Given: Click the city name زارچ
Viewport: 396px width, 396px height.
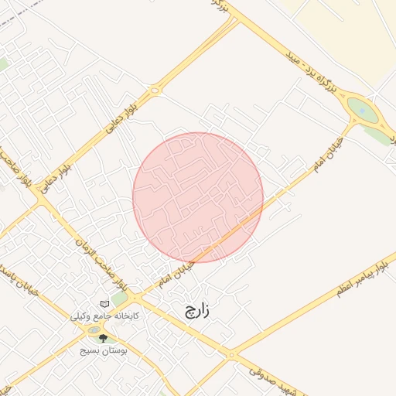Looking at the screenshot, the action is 197,311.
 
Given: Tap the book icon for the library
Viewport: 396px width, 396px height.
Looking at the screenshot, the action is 104,304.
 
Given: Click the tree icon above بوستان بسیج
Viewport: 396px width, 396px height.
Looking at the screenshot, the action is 104,339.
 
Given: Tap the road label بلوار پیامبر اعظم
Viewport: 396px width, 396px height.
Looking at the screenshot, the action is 361,278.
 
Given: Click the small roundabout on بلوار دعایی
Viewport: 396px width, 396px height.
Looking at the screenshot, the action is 155,91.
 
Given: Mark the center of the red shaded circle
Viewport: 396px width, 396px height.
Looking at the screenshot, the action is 198,198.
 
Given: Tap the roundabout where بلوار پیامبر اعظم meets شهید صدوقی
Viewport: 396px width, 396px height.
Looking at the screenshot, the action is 230,355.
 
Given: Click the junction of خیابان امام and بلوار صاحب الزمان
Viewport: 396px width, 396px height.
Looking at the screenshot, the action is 133,297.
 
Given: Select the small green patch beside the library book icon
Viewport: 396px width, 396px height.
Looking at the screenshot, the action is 120,299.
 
